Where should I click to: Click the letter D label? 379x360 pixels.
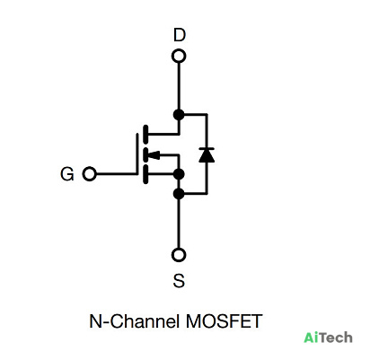tap(180, 35)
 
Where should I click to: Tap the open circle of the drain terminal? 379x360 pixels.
tap(179, 57)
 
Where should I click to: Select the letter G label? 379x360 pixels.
tap(67, 174)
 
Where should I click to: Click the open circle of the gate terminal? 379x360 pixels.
tap(89, 174)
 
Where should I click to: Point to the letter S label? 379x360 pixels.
tap(179, 281)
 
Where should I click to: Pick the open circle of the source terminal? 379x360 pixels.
tap(179, 255)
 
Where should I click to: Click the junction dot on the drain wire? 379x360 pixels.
tap(179, 114)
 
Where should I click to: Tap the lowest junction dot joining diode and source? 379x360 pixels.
tap(179, 194)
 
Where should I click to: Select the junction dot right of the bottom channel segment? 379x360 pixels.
tap(179, 174)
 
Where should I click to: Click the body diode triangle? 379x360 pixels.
tap(207, 155)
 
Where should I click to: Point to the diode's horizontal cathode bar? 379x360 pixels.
tap(207, 148)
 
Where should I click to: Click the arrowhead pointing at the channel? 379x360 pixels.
tap(154, 155)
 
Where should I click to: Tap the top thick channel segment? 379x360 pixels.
tap(145, 134)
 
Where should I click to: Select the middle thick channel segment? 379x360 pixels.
tap(145, 155)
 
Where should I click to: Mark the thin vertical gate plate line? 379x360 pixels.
tap(137, 154)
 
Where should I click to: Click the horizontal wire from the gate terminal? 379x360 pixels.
tap(116, 174)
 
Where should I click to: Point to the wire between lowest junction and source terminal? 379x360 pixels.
tap(179, 224)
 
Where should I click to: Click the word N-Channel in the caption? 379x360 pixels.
tap(134, 321)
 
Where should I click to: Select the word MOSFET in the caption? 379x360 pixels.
tap(224, 321)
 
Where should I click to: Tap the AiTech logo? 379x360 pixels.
tap(328, 338)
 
